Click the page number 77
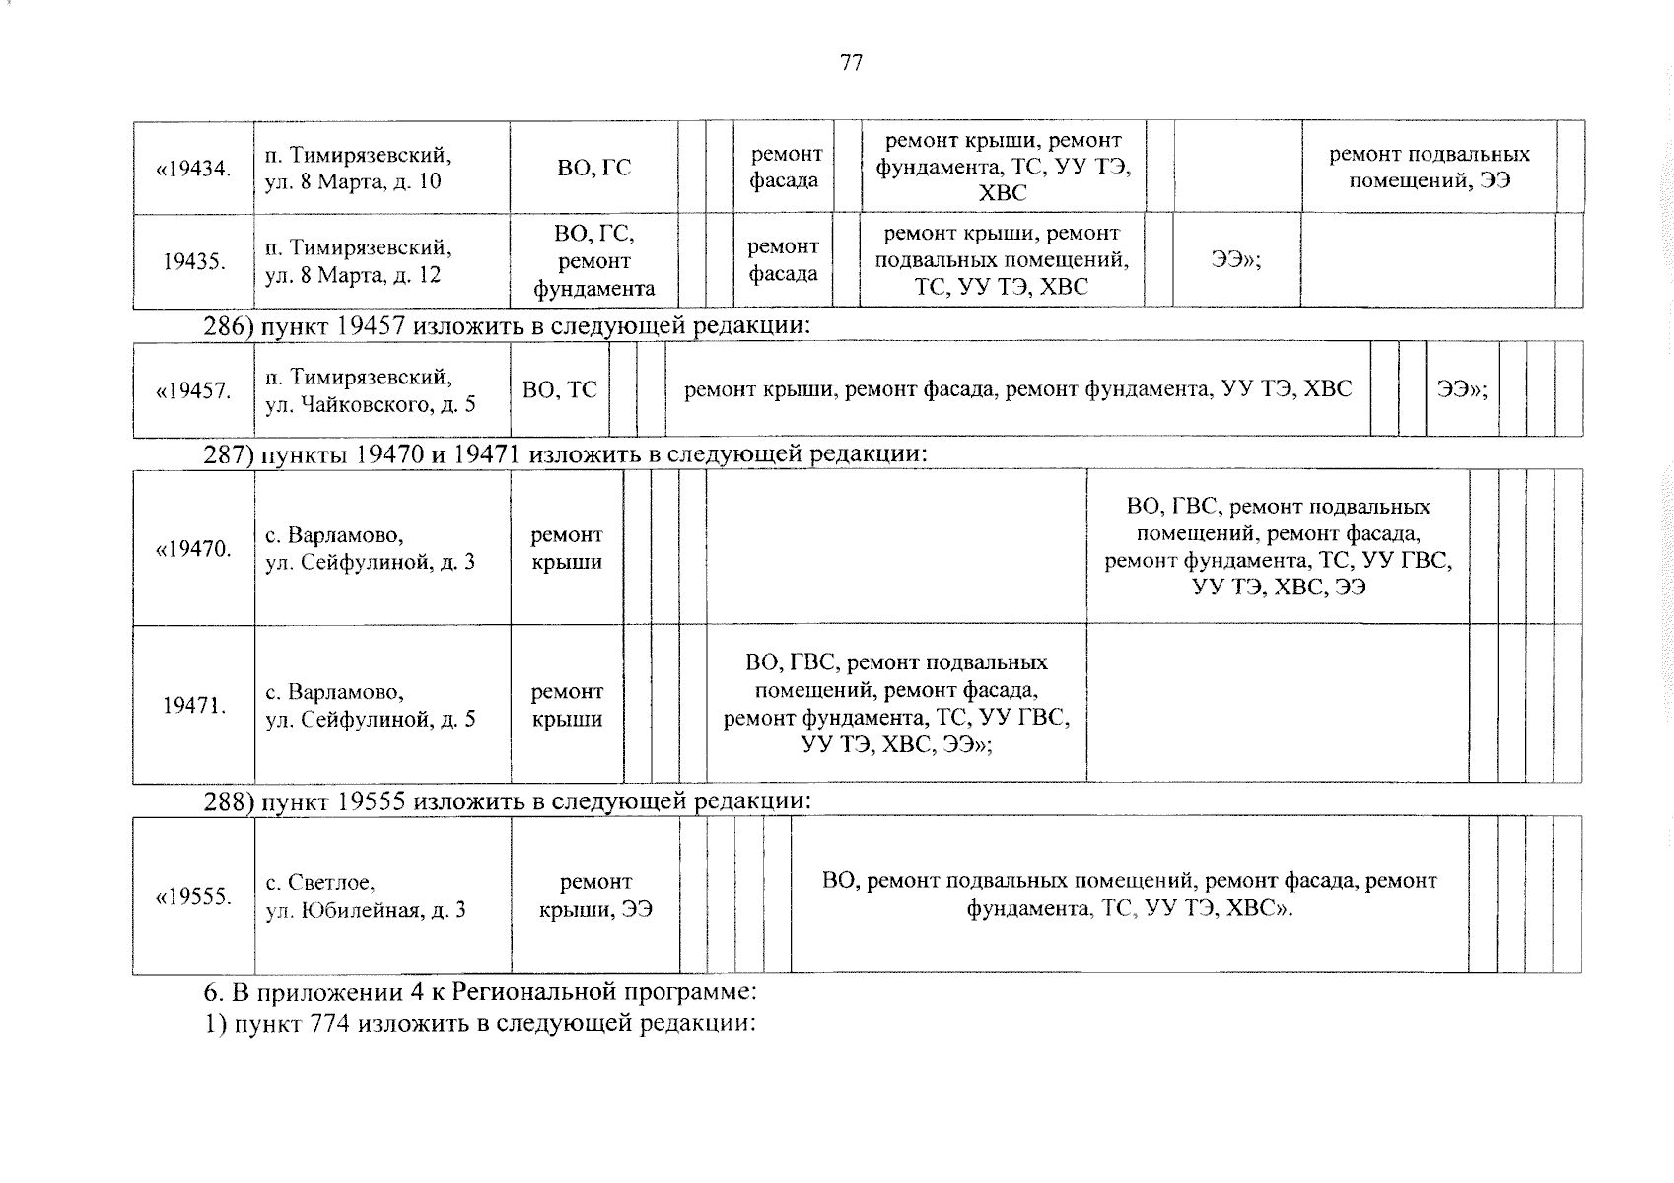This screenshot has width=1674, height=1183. pos(851,64)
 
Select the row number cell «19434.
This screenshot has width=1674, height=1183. pos(193,168)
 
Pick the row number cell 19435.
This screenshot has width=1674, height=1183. pos(193,261)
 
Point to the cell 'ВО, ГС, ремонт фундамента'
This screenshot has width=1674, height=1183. pos(593,261)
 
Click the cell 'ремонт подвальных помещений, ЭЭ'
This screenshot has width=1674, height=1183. pos(1429,168)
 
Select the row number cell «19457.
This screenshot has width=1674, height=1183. pos(193,390)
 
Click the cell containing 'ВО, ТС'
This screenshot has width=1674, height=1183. pos(559,390)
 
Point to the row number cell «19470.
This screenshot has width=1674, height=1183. pos(193,548)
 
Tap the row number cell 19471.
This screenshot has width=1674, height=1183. pos(193,705)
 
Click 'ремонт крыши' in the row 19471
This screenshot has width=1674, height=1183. pos(567,706)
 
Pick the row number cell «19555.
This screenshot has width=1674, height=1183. pos(193,896)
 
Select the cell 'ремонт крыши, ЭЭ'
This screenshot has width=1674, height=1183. pos(595,896)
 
